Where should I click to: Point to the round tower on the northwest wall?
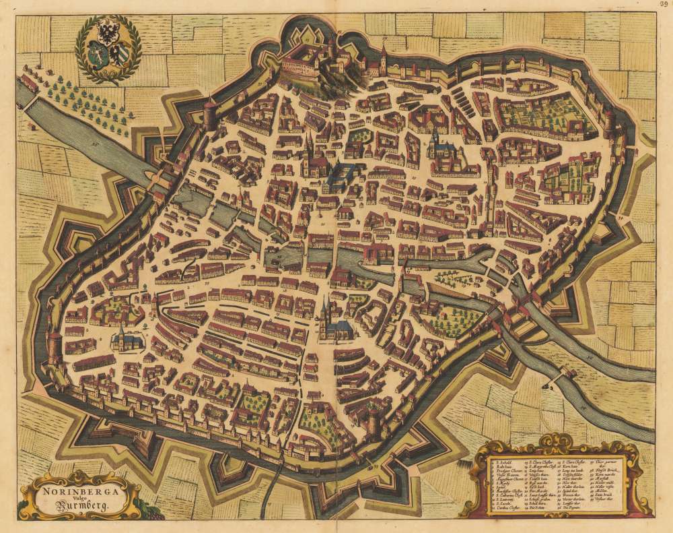coord(211,115)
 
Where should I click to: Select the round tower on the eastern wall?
coord(610,122)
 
